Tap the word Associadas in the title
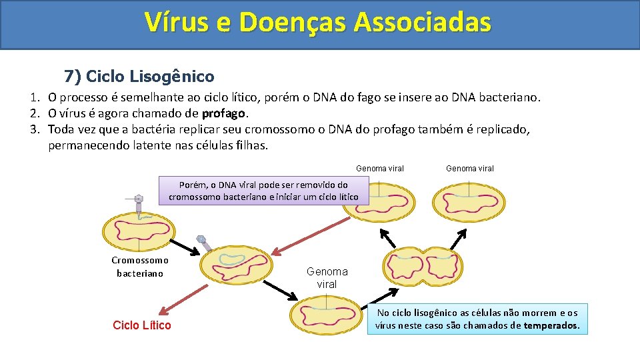[x=423, y=22]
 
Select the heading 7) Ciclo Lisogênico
[x=139, y=76]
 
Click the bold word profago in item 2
[x=224, y=113]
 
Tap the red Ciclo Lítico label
[x=141, y=325]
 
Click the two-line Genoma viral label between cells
[x=327, y=277]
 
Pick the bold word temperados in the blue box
[x=551, y=326]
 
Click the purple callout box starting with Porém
[x=263, y=191]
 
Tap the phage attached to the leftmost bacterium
[x=138, y=205]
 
